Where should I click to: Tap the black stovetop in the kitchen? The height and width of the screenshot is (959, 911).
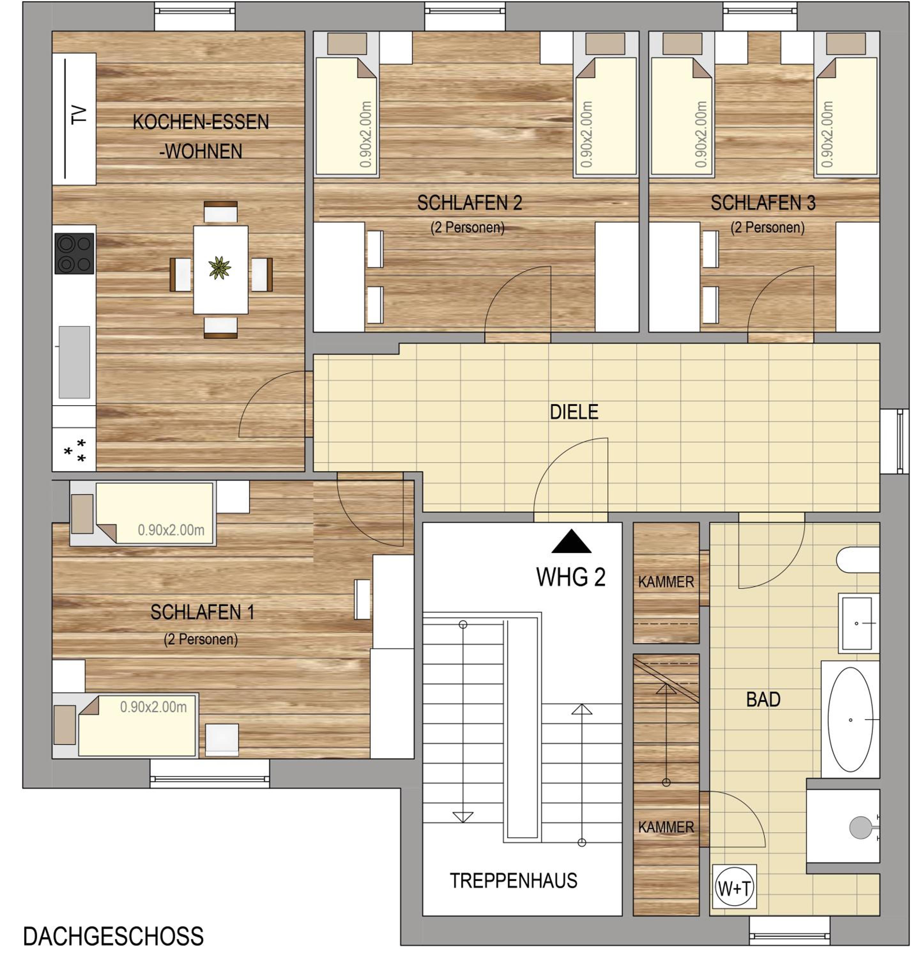coord(74,254)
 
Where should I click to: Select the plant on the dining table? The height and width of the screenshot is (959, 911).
coord(220,268)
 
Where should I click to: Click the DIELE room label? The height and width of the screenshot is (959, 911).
coord(574,412)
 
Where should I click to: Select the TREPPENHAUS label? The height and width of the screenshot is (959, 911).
coord(514,881)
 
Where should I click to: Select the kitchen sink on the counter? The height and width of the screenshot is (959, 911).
coord(74,362)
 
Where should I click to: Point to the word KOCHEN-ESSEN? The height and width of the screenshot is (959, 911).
coord(201,122)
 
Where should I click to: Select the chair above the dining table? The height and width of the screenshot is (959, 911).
coord(220,212)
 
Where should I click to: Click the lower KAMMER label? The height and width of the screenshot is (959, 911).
coord(666,827)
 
